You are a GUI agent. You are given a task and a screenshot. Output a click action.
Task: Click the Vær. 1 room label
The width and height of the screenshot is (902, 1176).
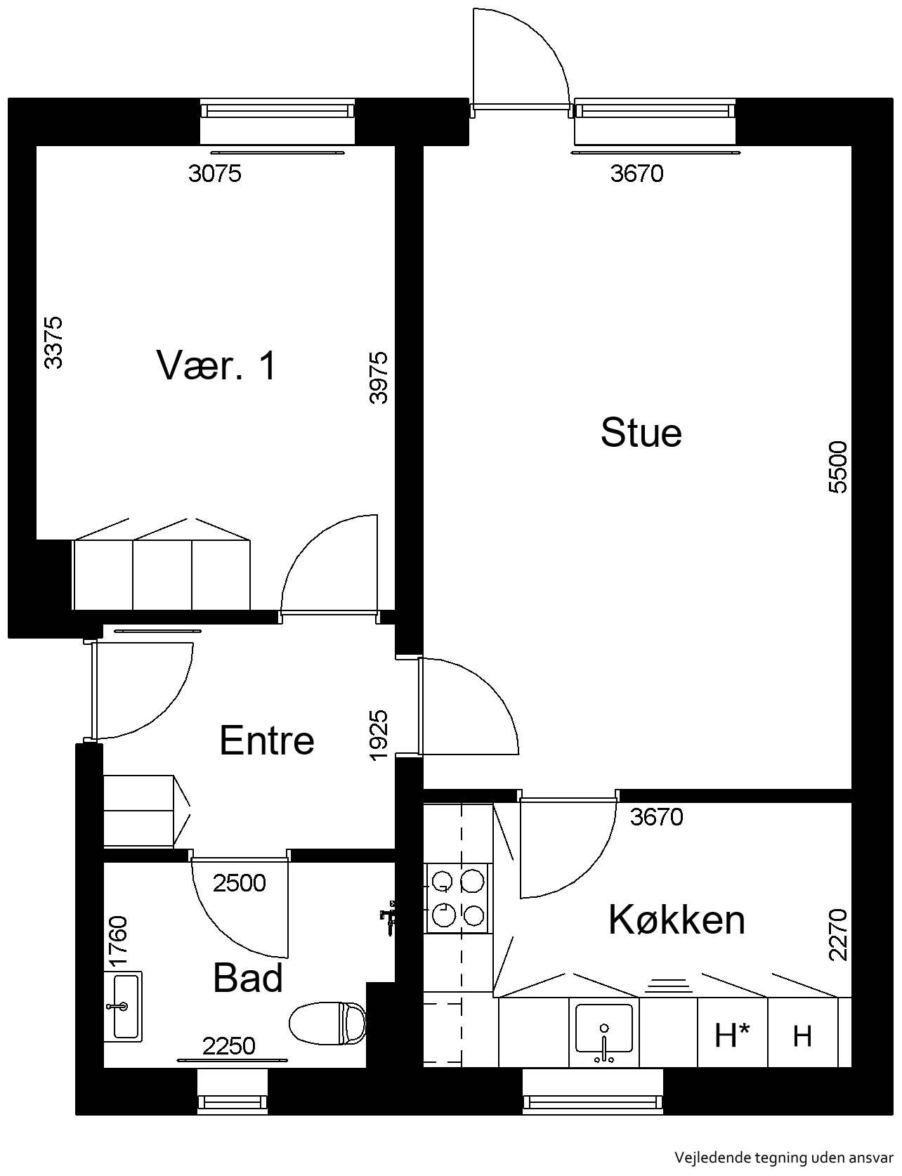point(216,365)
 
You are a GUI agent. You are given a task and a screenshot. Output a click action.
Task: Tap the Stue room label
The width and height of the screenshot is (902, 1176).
point(641,432)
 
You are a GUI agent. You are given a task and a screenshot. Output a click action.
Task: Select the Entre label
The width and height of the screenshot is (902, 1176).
point(267,740)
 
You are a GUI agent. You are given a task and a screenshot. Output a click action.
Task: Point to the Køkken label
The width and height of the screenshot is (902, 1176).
point(676,919)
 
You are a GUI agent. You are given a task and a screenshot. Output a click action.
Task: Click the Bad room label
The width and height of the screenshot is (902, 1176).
point(248,977)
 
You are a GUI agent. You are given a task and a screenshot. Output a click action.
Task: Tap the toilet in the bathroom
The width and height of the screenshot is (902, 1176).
point(328,1022)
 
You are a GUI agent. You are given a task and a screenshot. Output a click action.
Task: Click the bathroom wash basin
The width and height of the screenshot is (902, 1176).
point(123,1006)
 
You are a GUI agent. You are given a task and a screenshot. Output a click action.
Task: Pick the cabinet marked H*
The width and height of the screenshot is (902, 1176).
point(733,1034)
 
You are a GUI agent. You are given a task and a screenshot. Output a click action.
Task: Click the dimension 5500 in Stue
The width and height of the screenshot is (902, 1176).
point(839,467)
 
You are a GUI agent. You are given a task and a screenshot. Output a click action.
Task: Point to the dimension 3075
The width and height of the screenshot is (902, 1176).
point(215,173)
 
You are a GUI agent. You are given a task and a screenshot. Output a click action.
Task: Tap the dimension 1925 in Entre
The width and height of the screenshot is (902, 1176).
point(378,736)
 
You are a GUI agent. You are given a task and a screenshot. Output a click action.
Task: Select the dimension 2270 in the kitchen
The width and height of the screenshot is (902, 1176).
point(839,935)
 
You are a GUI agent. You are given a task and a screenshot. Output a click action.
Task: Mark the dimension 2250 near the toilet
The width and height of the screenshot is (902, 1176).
point(229,1046)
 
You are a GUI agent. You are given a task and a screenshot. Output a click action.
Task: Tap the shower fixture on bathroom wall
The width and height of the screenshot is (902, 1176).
point(388,916)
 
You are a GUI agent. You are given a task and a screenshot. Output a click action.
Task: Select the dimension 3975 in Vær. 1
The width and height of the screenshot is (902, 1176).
point(378,377)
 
